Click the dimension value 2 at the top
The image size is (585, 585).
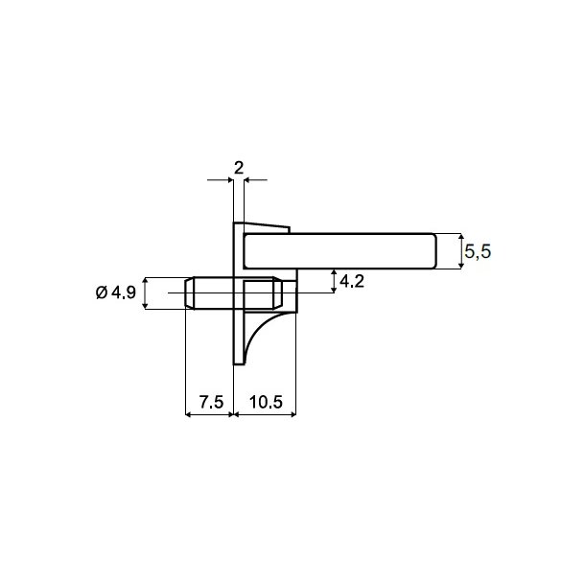pos(238,166)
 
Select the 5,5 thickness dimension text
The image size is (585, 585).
pos(477,252)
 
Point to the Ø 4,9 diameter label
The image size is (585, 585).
pos(116,293)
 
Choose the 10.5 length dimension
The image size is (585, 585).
pos(267,403)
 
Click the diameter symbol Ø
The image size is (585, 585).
pos(103,293)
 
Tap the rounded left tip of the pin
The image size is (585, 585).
pos(186,293)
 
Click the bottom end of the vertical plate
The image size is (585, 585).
pos(238,363)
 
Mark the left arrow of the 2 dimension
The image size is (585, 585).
pos(228,179)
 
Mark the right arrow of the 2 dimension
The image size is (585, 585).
pos(249,179)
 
